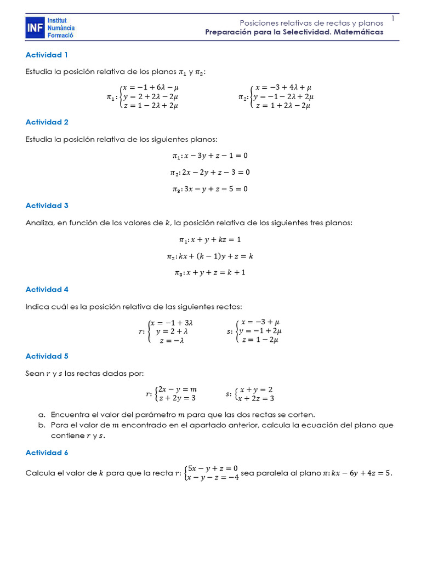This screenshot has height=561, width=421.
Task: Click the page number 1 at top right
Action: coord(393,19)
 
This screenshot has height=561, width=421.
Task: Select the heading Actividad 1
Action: coord(47,55)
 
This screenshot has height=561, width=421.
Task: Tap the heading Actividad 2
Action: coord(47,122)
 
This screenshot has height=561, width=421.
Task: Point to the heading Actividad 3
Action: coord(47,205)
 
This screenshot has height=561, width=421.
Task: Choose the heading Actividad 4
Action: coord(47,289)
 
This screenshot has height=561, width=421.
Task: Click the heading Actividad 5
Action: coord(47,356)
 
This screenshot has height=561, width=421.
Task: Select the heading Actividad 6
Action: coord(47,453)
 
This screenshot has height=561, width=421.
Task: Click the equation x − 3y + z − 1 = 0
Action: coord(215,156)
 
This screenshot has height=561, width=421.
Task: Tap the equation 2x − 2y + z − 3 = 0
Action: coord(215,172)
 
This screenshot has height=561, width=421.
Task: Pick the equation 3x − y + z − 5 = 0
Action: coord(215,189)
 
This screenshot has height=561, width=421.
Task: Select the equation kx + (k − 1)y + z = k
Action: coord(215,256)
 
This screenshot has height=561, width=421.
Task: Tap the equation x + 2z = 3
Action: coord(257,399)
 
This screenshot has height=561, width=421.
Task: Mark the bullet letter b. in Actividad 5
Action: coord(42,425)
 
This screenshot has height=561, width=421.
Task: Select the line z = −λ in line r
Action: coord(172,340)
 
